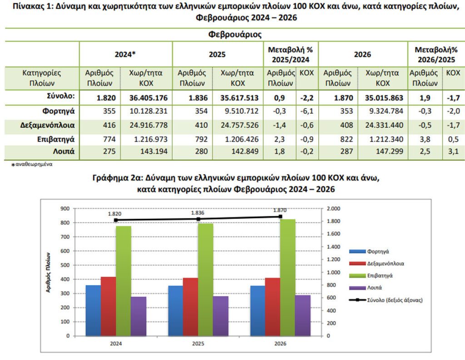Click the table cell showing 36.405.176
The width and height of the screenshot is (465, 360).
click(x=146, y=97)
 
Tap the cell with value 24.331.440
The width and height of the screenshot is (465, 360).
click(x=383, y=126)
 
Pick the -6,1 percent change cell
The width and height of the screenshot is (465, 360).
click(x=307, y=111)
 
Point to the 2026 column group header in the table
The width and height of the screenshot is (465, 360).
click(x=362, y=54)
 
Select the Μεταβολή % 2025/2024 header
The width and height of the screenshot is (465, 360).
click(x=291, y=54)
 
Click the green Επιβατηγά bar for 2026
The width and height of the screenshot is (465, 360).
click(x=288, y=277)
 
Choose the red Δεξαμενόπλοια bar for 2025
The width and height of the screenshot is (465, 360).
click(x=190, y=307)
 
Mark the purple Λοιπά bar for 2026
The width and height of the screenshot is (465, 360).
click(x=302, y=315)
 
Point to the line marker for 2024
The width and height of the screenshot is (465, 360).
click(x=116, y=220)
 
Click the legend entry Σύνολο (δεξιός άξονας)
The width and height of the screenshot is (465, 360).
click(x=386, y=300)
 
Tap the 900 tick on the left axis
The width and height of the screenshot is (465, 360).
click(x=65, y=208)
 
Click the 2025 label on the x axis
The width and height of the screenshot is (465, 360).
click(x=198, y=344)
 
